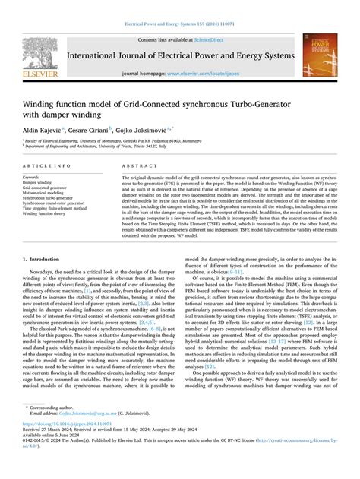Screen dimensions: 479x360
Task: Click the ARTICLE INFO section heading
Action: (x=47, y=165)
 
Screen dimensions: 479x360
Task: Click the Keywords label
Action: (x=34, y=177)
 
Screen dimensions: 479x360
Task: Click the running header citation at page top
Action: (x=179, y=24)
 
